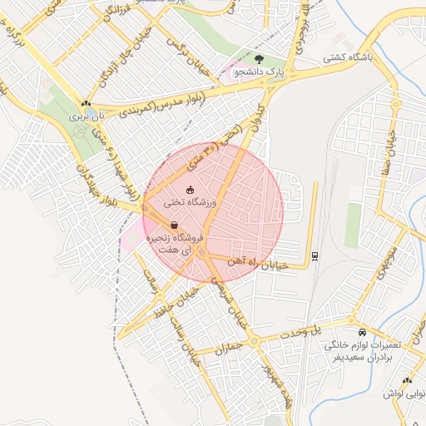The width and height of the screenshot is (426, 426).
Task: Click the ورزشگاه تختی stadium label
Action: [x=189, y=202]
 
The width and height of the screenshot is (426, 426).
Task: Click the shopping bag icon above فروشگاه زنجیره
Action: [x=174, y=225]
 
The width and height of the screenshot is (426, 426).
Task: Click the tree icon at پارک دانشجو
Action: [x=260, y=59]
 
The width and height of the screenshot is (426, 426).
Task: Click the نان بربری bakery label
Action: [x=86, y=118]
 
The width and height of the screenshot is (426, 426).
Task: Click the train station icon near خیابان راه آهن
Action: [x=314, y=255]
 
